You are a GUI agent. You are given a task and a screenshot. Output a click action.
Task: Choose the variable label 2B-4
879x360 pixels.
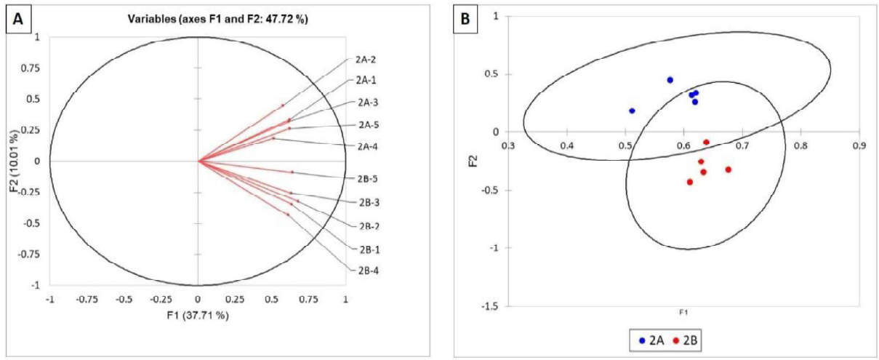pyautogui.click(x=367, y=271)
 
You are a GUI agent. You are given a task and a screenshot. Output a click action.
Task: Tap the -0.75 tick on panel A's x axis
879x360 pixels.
pyautogui.click(x=87, y=298)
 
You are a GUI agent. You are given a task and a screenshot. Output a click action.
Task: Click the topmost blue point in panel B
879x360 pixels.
pyautogui.click(x=670, y=80)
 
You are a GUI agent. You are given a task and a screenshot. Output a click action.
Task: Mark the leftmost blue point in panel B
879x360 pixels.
pyautogui.click(x=632, y=111)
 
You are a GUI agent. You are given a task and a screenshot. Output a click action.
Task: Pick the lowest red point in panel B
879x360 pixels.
pyautogui.click(x=689, y=182)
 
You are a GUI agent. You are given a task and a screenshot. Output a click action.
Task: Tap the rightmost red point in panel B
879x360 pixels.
pyautogui.click(x=728, y=169)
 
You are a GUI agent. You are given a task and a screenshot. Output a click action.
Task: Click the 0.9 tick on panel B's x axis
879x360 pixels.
pyautogui.click(x=859, y=145)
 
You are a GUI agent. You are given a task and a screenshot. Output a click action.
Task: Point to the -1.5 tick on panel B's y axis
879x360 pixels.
pyautogui.click(x=494, y=306)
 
